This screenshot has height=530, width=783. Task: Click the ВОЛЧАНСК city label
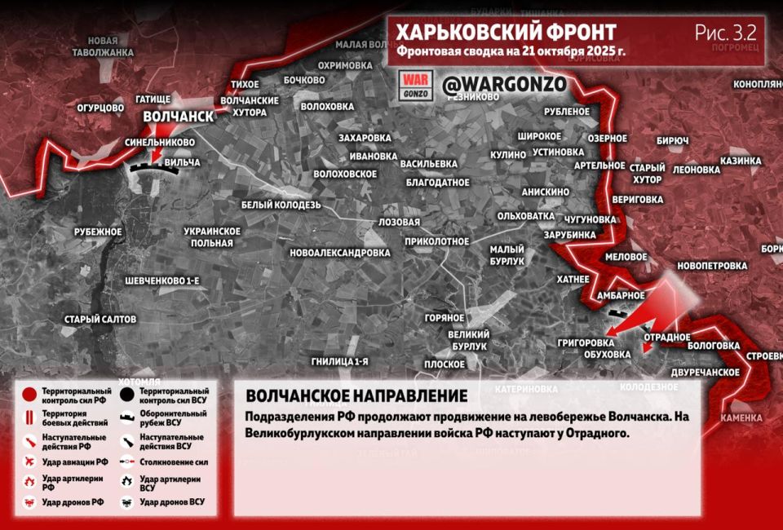click(x=178, y=117)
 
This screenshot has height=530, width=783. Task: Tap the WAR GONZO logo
click(x=414, y=85)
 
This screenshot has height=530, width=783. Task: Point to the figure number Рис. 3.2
click(x=725, y=33)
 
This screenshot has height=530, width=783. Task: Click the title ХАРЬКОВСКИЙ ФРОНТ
click(x=506, y=32)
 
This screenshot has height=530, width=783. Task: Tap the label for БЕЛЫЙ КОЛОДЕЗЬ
click(x=281, y=205)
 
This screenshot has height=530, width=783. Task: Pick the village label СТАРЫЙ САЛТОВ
click(x=100, y=319)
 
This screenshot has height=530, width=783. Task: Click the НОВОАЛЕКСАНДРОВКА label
click(x=339, y=253)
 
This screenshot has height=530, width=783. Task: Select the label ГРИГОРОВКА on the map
click(x=586, y=342)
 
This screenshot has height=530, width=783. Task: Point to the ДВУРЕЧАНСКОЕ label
click(x=705, y=371)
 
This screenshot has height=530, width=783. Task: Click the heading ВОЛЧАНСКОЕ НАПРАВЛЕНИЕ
click(x=356, y=395)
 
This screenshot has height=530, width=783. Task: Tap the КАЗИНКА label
click(x=740, y=161)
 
